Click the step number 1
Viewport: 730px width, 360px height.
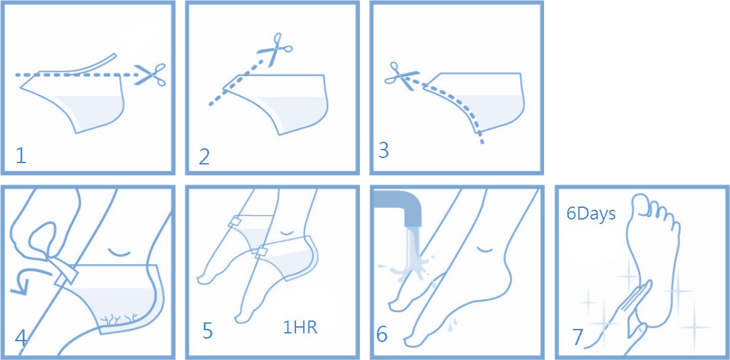pos(21,156)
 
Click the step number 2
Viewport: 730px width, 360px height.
pos(205,157)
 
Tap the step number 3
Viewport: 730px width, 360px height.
pos(383,151)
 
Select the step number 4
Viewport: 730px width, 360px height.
pos(21,339)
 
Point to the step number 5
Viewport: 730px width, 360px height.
pos(208,330)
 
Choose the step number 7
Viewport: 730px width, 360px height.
pos(578,337)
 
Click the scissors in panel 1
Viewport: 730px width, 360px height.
pos(150,74)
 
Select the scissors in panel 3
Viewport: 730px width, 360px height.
pos(402,75)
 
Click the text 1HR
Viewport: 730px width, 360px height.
pos(301,328)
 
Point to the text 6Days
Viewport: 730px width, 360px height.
pos(591,214)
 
